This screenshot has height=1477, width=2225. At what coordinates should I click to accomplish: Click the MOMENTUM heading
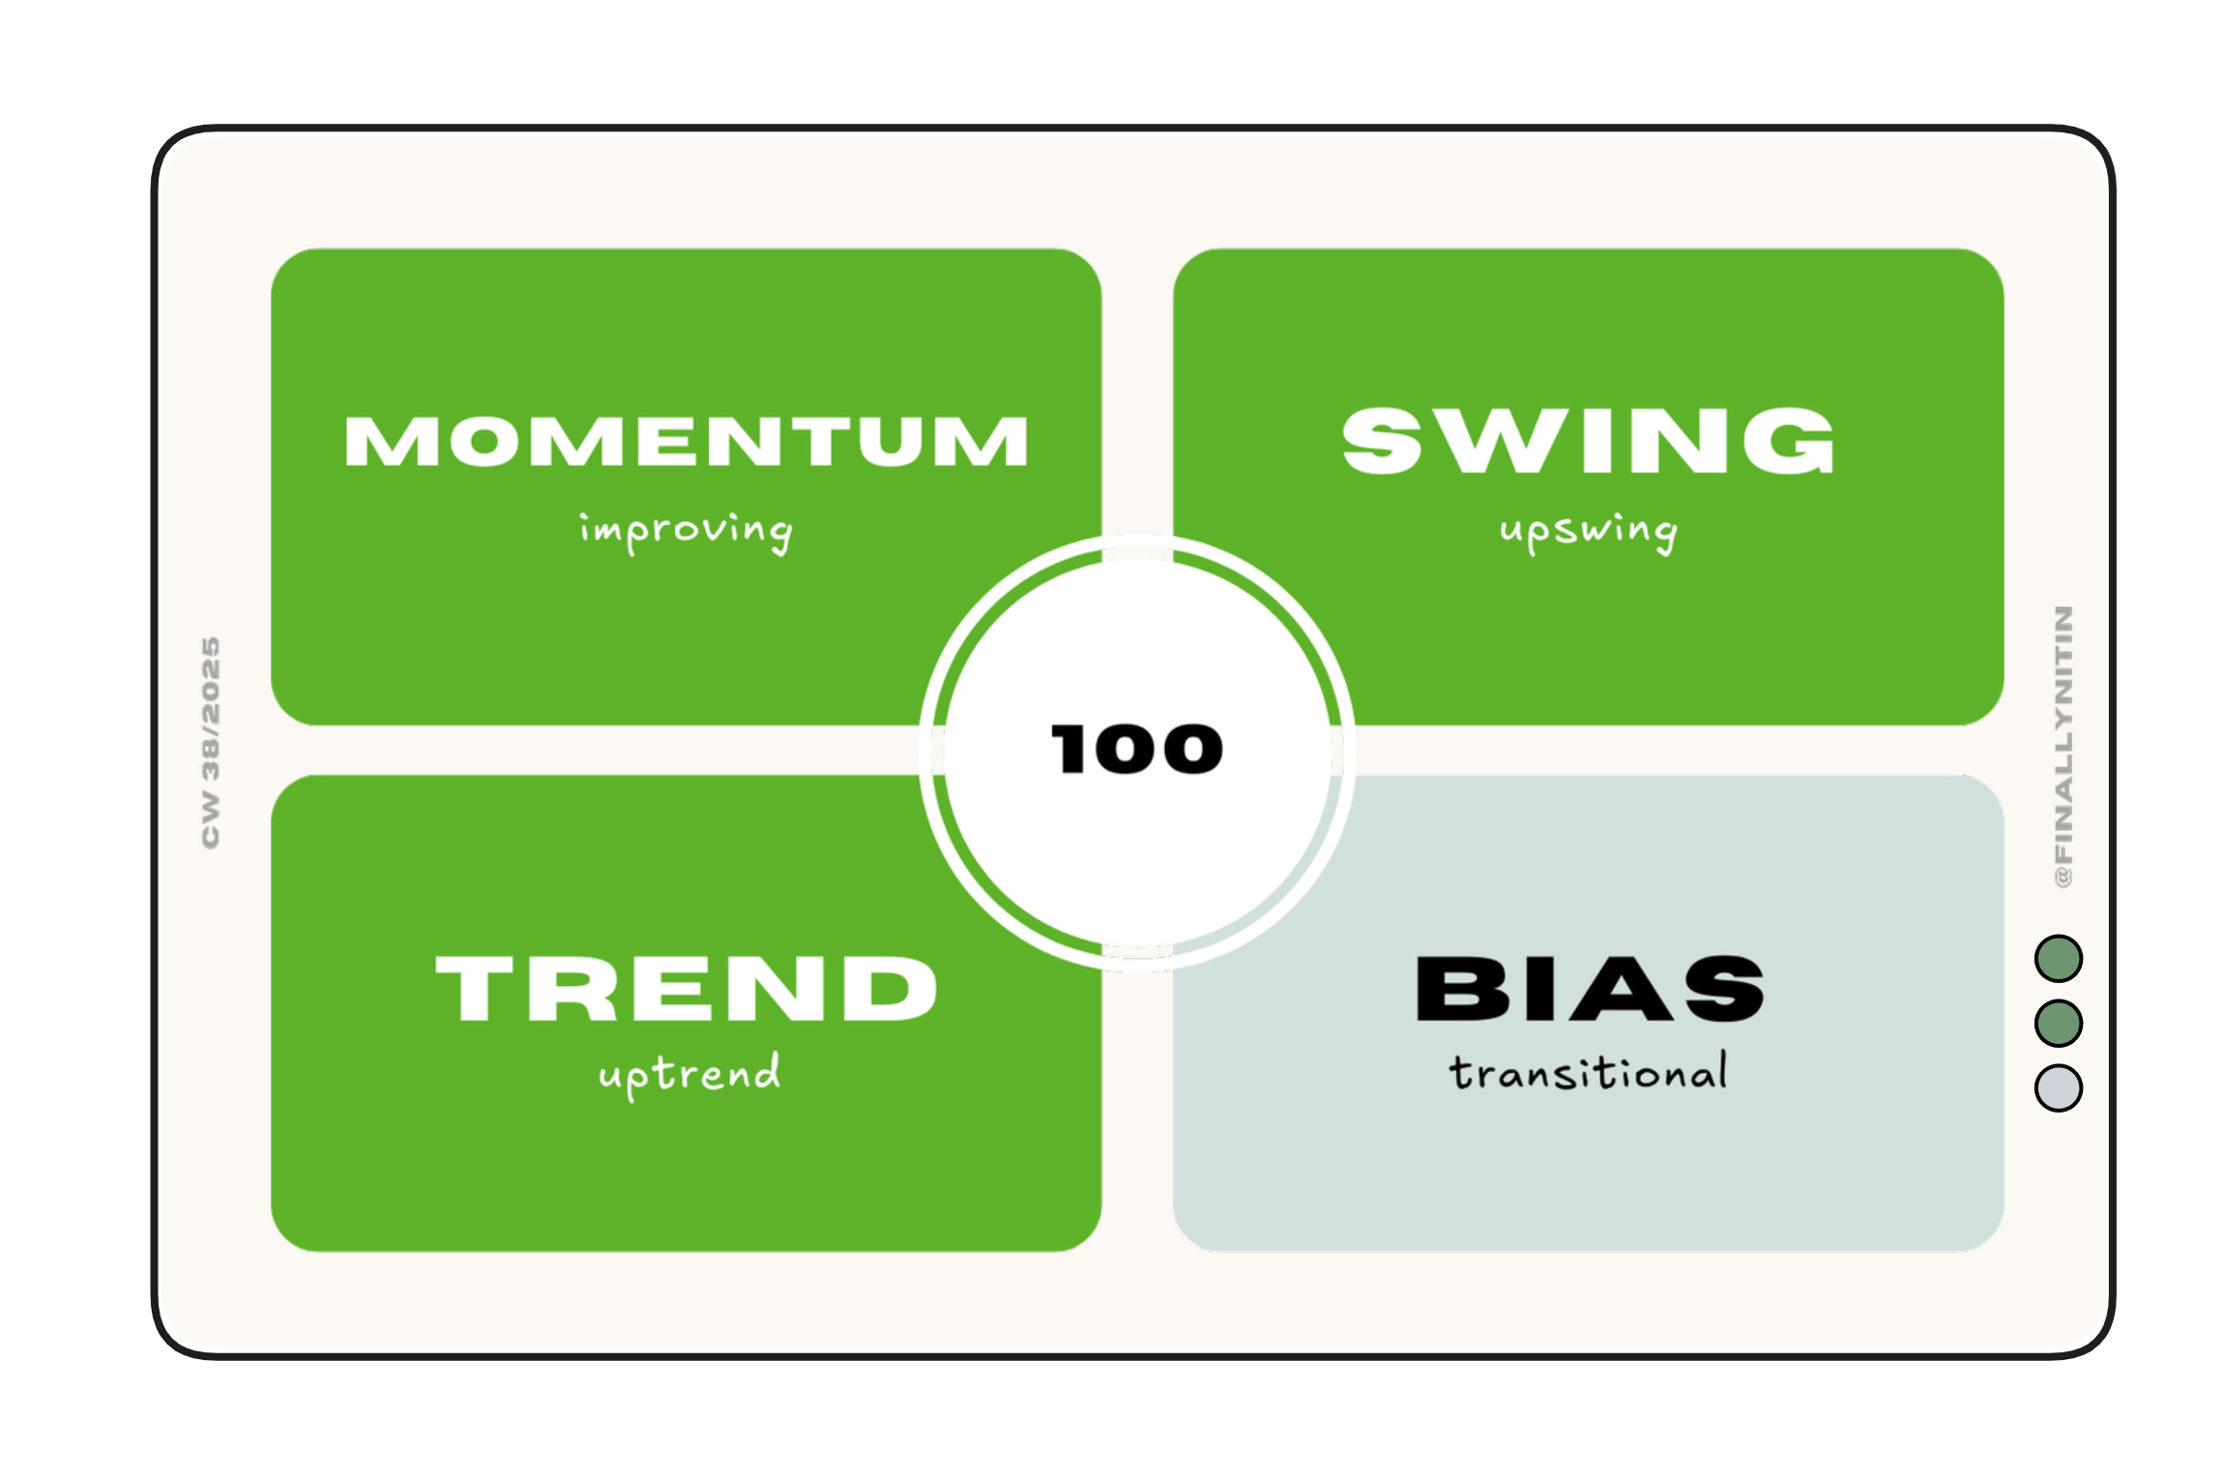(686, 442)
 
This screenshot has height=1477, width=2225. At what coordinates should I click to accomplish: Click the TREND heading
(686, 988)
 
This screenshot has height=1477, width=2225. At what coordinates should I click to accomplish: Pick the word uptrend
(688, 1074)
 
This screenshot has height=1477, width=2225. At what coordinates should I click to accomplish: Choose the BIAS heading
(1589, 988)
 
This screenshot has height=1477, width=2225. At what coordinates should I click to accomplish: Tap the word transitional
(1588, 1073)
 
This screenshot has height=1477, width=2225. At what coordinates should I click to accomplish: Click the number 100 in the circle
(1136, 749)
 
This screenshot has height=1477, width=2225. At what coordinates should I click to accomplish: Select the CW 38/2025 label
(210, 742)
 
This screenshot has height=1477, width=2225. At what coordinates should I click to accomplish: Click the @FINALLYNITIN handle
(2063, 745)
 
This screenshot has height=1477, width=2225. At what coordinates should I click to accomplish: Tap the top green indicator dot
(2059, 959)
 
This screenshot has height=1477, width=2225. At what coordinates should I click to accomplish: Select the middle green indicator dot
(2059, 1023)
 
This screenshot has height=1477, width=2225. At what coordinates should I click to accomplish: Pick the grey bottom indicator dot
(2059, 1087)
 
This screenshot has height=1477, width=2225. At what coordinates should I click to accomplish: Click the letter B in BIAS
(1453, 988)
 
